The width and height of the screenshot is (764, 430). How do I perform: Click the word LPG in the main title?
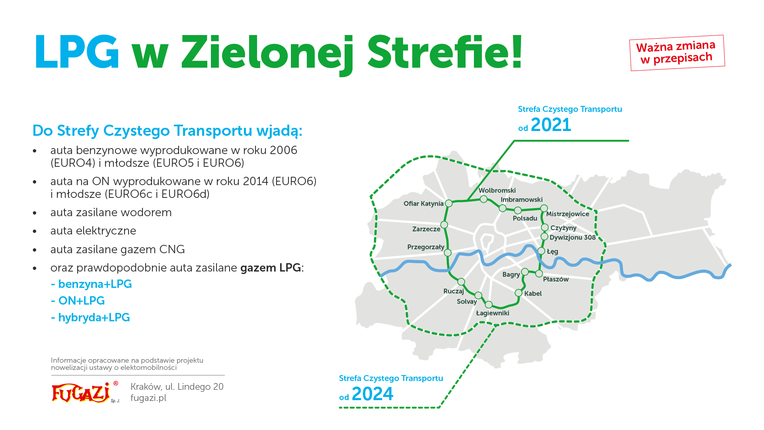pyautogui.click(x=77, y=52)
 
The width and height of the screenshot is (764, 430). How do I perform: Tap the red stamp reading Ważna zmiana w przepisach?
pyautogui.click(x=677, y=53)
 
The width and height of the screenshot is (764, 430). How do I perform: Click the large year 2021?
pyautogui.click(x=551, y=125)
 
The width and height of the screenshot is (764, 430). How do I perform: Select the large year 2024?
pyautogui.click(x=372, y=394)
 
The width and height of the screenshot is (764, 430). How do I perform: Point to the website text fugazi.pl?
pyautogui.click(x=148, y=398)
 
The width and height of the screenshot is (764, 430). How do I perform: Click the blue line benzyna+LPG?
pyautogui.click(x=92, y=284)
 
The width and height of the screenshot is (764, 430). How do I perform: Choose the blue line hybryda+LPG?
pyautogui.click(x=91, y=317)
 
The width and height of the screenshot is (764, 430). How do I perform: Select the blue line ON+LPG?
pyautogui.click(x=78, y=301)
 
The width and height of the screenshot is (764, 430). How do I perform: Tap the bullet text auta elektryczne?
pyautogui.click(x=93, y=231)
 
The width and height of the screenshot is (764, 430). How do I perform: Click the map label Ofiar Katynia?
pyautogui.click(x=423, y=203)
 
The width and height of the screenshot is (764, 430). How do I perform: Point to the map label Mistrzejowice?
pyautogui.click(x=567, y=214)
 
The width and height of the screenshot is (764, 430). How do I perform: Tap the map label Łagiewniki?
pyautogui.click(x=493, y=313)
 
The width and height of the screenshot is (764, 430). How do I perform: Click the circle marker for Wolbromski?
pyautogui.click(x=483, y=199)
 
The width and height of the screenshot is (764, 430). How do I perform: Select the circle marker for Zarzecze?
pyautogui.click(x=444, y=225)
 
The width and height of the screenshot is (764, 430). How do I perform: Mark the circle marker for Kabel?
pyautogui.click(x=518, y=293)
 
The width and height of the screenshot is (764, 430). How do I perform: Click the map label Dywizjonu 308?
pyautogui.click(x=573, y=237)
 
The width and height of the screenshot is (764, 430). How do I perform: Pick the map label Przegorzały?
pyautogui.click(x=426, y=247)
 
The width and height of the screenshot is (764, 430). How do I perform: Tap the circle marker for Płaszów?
pyautogui.click(x=539, y=274)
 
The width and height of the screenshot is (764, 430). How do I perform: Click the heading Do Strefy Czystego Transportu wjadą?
pyautogui.click(x=168, y=131)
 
